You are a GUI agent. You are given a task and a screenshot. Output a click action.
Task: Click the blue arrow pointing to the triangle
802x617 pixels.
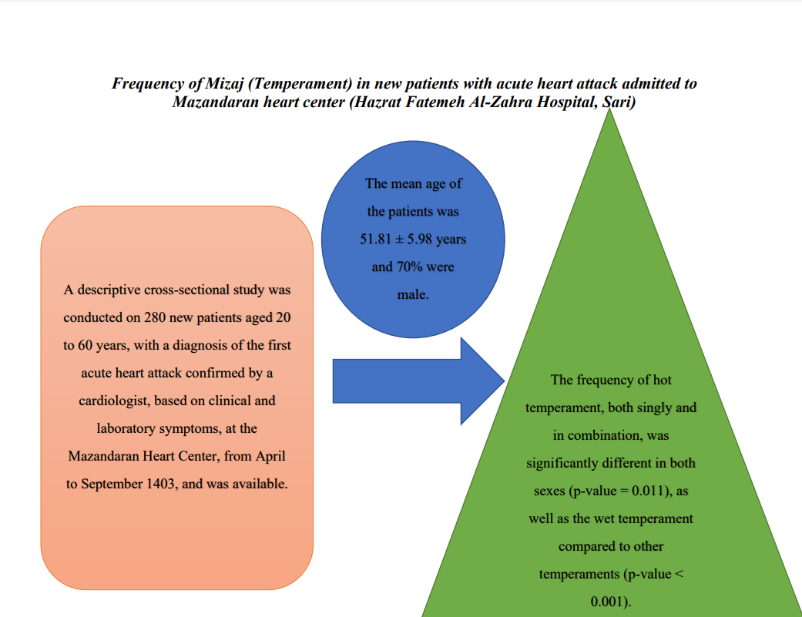[x=418, y=381]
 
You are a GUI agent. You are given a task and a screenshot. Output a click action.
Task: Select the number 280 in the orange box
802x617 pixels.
[x=154, y=317]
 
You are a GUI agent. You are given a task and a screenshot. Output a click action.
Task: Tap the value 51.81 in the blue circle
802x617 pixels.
[x=375, y=239]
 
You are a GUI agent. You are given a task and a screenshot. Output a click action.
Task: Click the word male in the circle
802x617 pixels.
[x=411, y=294]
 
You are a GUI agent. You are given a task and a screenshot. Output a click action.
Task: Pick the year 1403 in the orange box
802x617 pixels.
[x=160, y=484]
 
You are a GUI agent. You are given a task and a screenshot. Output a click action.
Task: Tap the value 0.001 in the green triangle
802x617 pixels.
[x=608, y=602]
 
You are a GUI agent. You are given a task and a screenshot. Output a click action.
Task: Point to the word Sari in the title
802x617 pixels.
[x=616, y=102]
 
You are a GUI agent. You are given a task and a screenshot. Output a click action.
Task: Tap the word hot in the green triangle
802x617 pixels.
[x=662, y=380]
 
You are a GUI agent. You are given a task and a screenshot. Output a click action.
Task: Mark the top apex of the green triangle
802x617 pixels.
[x=609, y=109]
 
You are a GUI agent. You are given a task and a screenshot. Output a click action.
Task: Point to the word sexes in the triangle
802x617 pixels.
[x=549, y=491]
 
